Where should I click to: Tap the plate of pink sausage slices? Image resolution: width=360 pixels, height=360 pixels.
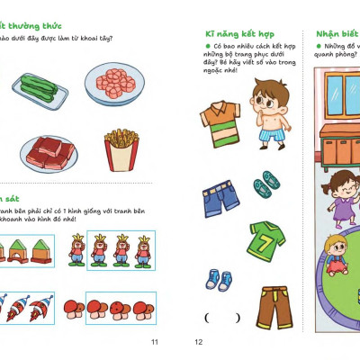(115, 85)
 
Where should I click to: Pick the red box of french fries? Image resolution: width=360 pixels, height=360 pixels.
(121, 149)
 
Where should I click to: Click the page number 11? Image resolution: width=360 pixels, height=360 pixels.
(154, 342)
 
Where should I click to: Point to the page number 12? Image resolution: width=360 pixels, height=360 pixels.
(199, 342)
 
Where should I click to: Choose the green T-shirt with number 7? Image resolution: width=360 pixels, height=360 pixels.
(267, 238)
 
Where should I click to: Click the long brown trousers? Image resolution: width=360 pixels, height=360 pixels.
(270, 303)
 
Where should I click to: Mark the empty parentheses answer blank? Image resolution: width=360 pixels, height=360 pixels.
(222, 317)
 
